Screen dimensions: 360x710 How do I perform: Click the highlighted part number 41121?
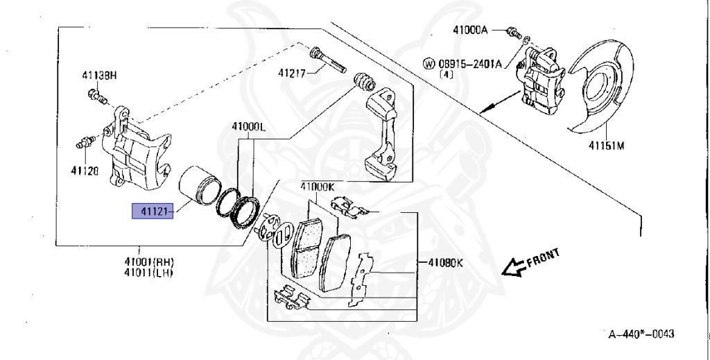[151, 210]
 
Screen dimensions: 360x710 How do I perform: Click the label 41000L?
[249, 128]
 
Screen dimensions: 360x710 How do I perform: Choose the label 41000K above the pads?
[318, 186]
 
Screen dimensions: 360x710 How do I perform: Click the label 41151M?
[607, 146]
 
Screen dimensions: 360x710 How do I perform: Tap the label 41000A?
[471, 30]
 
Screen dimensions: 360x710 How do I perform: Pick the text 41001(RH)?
[148, 262]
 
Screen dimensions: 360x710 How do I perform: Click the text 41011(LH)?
[148, 272]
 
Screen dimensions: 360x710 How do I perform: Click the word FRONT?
[543, 258]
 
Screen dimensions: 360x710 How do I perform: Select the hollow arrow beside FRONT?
[513, 267]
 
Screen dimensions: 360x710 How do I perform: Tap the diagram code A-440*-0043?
[640, 334]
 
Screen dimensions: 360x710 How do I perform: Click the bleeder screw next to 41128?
[85, 144]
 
